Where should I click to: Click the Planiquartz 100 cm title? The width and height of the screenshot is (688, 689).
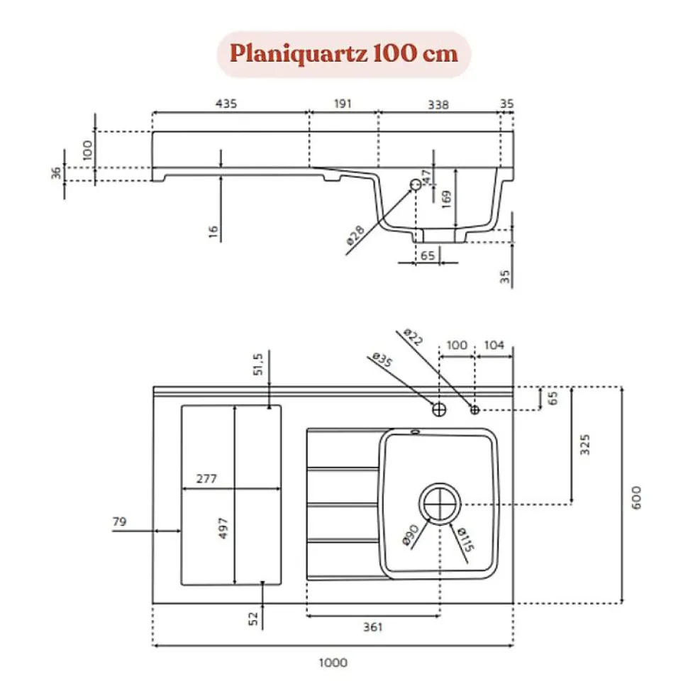pyautogui.click(x=343, y=54)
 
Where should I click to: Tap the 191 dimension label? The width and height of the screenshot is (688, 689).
pyautogui.click(x=343, y=104)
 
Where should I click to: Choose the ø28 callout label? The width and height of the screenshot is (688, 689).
pyautogui.click(x=355, y=235)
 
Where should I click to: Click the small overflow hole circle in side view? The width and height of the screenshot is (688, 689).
pyautogui.click(x=416, y=184)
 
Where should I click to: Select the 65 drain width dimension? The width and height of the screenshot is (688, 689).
pyautogui.click(x=427, y=255)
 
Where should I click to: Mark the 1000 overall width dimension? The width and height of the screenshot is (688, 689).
pyautogui.click(x=333, y=663)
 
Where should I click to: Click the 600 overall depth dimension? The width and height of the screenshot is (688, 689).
pyautogui.click(x=636, y=495)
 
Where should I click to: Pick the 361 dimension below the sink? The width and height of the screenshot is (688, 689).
pyautogui.click(x=372, y=627)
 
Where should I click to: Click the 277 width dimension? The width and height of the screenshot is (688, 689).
pyautogui.click(x=206, y=479)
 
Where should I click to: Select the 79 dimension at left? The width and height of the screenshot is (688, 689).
pyautogui.click(x=119, y=522)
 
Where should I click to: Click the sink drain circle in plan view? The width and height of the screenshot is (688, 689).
pyautogui.click(x=440, y=504)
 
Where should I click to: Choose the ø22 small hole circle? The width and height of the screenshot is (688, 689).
pyautogui.click(x=475, y=409)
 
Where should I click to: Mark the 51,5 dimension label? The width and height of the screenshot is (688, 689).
pyautogui.click(x=259, y=363)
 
